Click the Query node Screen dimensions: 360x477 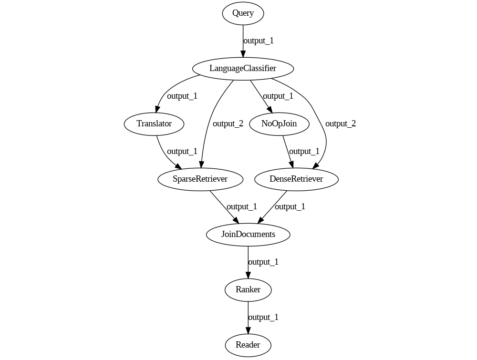(243, 13)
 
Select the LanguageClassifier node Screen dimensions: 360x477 (243, 69)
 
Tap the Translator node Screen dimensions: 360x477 (154, 124)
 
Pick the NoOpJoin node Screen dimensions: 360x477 (279, 124)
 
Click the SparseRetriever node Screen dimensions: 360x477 (200, 179)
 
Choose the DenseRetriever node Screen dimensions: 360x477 (296, 179)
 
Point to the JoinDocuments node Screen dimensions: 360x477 (248, 235)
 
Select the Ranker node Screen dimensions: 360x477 (248, 290)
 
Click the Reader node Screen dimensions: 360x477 (248, 345)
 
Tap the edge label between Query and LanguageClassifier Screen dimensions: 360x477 (259, 41)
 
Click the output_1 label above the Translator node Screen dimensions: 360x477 (182, 96)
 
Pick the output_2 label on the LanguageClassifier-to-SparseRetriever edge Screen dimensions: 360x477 (228, 124)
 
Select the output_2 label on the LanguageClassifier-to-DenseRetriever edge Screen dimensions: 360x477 (341, 124)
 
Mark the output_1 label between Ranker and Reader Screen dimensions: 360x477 (263, 318)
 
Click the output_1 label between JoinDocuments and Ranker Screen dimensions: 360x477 (263, 262)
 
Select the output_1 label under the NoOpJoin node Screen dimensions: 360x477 (304, 152)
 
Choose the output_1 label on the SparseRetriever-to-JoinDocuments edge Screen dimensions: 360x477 (242, 207)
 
